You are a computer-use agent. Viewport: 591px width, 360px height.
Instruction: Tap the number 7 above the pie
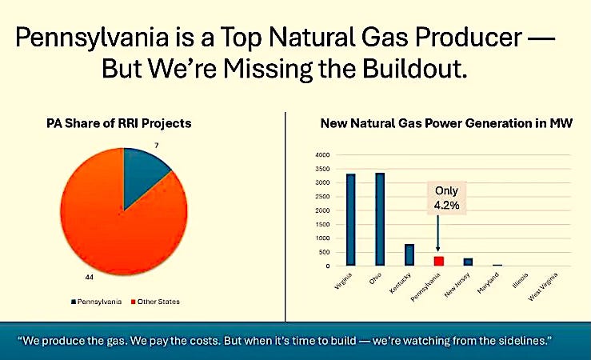point(157,145)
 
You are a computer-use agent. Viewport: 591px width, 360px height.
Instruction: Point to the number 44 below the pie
point(89,277)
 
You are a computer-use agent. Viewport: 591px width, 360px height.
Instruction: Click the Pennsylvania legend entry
point(97,302)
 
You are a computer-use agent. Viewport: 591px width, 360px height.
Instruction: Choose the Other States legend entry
point(155,302)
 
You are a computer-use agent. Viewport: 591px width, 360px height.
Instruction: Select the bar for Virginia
point(350,220)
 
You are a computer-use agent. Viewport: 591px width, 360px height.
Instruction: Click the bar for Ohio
point(380,219)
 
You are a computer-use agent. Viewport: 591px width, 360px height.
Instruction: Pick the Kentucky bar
point(409,255)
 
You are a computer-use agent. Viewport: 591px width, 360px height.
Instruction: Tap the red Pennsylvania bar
point(439,262)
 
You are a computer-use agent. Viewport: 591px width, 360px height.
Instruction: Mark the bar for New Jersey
point(468,262)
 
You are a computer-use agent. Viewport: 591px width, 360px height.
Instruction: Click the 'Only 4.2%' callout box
point(446,198)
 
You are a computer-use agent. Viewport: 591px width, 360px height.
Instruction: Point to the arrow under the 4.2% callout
point(437,233)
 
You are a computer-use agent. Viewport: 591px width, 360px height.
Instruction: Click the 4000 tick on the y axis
point(322,155)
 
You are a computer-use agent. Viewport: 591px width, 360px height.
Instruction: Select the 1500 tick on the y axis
point(322,224)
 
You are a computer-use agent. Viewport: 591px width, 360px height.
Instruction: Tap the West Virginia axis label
point(543,286)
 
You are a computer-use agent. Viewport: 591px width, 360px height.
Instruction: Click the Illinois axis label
point(520,281)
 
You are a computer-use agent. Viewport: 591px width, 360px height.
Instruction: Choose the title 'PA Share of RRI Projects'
point(119,123)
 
